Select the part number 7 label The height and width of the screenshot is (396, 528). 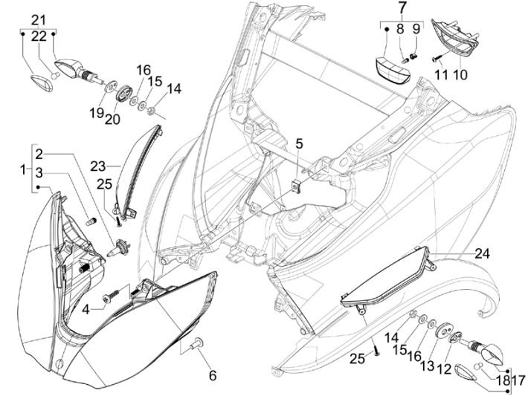coord(402,9)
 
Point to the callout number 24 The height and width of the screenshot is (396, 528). coord(483,253)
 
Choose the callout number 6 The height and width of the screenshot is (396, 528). coord(213,375)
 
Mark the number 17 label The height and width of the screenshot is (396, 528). coord(521,377)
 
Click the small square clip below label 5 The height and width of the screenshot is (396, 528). coord(296,184)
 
